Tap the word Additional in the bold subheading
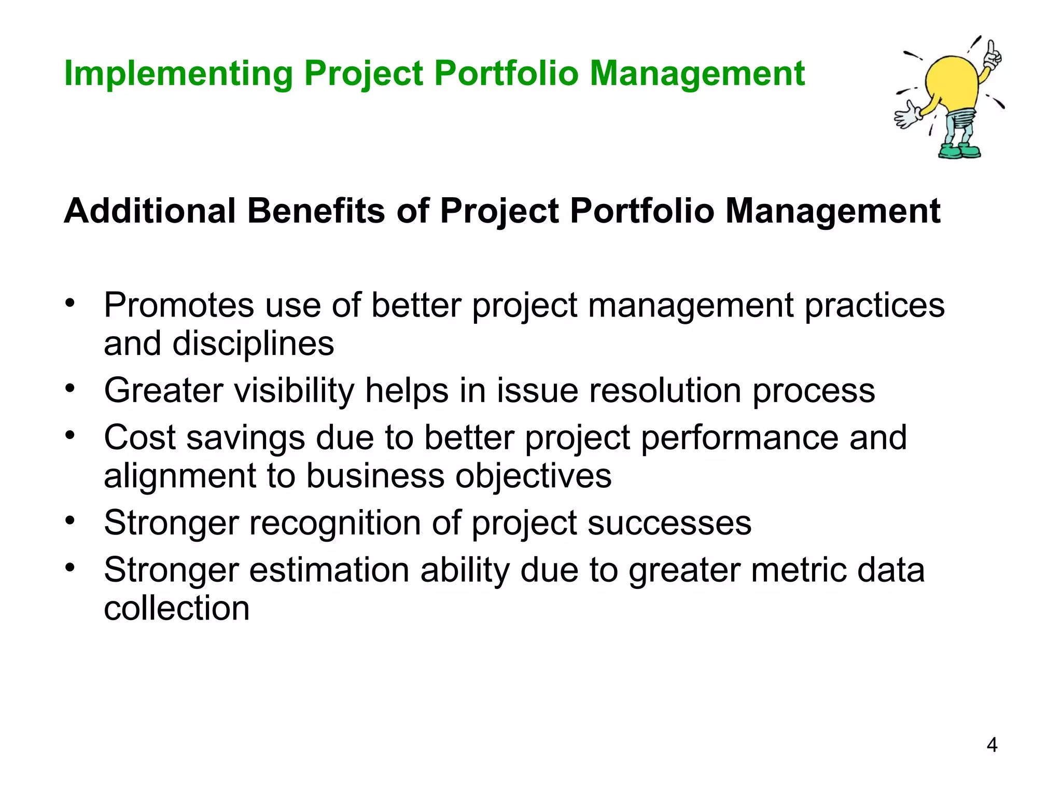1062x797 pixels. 150,211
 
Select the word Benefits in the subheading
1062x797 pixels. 316,211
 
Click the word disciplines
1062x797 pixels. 253,343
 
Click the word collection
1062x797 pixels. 176,608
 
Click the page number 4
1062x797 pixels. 991,745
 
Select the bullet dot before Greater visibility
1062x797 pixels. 71,388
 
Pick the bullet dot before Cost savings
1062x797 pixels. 71,435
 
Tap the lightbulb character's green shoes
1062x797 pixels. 959,152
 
